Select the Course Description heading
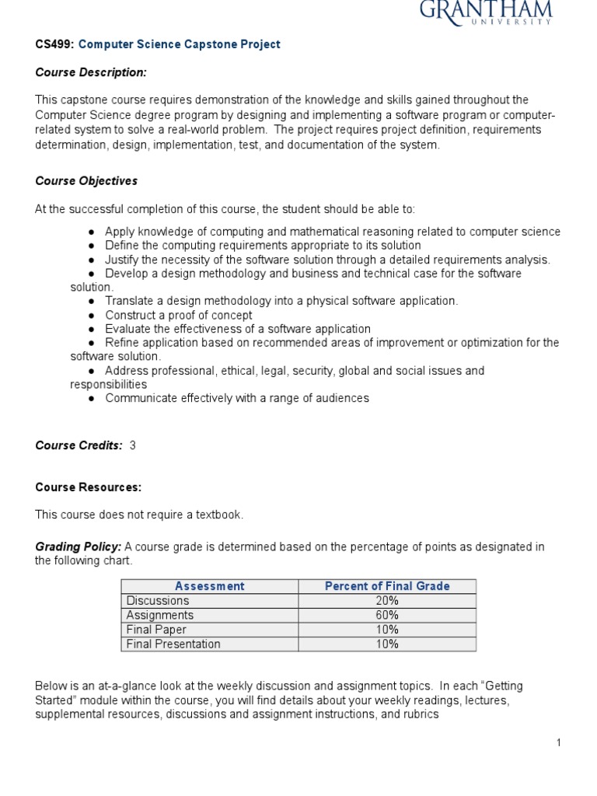tap(91, 72)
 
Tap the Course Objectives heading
tap(86, 181)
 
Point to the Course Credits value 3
tap(133, 445)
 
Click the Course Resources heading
tap(89, 487)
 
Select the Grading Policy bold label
tap(78, 547)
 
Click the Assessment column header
tap(210, 586)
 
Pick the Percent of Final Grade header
tap(387, 586)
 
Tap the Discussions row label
tap(158, 601)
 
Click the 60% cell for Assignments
tap(387, 615)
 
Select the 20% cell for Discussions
tap(387, 601)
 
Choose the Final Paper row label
tap(156, 630)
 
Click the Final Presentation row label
tap(173, 644)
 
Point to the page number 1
tap(558, 743)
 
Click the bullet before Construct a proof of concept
tap(92, 316)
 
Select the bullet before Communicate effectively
tap(92, 399)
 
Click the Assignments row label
tap(159, 615)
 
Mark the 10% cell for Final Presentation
tap(387, 644)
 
